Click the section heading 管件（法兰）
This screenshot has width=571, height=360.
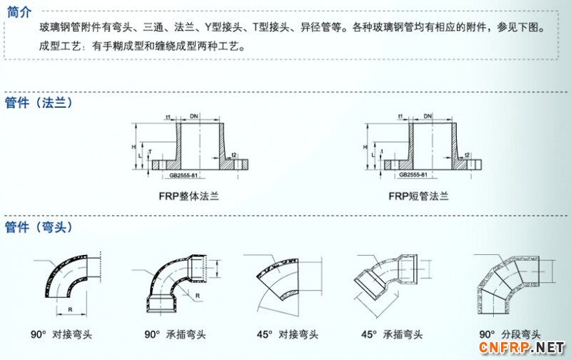pyautogui.click(x=39, y=102)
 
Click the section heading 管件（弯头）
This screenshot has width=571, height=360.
pyautogui.click(x=39, y=227)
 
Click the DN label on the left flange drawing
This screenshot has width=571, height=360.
pyautogui.click(x=195, y=116)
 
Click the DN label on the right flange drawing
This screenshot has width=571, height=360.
pyautogui.click(x=428, y=116)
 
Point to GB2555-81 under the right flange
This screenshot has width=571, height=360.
pyautogui.click(x=414, y=175)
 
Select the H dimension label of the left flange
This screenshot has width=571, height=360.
pyautogui.click(x=134, y=146)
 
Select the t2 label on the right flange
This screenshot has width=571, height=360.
pyautogui.click(x=466, y=155)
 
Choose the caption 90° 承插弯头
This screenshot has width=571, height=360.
pyautogui.click(x=175, y=334)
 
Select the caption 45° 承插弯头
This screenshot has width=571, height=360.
pyautogui.click(x=392, y=334)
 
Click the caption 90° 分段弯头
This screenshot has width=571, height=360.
pyautogui.click(x=510, y=334)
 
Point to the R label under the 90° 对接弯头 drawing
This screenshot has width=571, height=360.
pyautogui.click(x=69, y=309)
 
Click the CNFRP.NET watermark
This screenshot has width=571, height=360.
pyautogui.click(x=527, y=348)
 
